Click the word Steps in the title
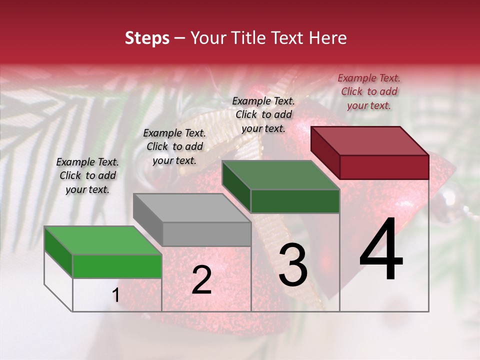click(x=147, y=38)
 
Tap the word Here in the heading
click(x=327, y=38)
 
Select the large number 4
click(x=381, y=250)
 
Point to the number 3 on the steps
click(x=293, y=265)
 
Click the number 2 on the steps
click(x=201, y=280)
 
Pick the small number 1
click(x=115, y=295)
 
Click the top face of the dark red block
click(x=369, y=140)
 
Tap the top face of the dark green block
click(x=280, y=175)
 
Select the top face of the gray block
click(x=191, y=208)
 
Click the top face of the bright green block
click(x=102, y=240)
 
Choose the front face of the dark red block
click(x=384, y=167)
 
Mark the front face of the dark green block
click(x=295, y=201)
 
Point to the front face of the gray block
click(x=206, y=234)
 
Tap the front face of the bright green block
click(x=117, y=266)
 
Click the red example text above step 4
click(x=369, y=91)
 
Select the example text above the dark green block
click(x=263, y=114)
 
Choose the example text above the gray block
click(x=174, y=146)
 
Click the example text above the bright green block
click(x=87, y=175)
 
